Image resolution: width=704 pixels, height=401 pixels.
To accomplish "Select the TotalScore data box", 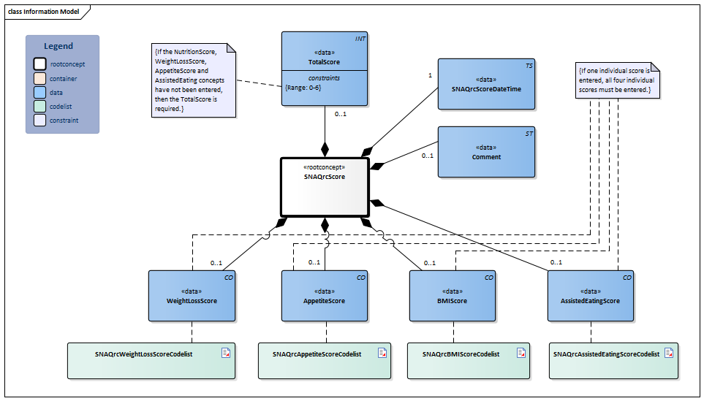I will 324,65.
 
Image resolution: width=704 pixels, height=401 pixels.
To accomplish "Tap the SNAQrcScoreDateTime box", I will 486,84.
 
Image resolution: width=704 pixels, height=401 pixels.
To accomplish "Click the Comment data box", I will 486,151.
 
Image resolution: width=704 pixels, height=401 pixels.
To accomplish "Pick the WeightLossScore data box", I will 192,296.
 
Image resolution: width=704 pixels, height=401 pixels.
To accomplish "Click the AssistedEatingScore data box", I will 591,296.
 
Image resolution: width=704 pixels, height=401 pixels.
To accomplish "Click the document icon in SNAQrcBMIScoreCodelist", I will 521,353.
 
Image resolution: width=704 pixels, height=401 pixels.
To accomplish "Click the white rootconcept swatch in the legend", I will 40,64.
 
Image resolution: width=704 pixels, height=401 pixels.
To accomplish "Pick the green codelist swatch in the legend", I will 40,107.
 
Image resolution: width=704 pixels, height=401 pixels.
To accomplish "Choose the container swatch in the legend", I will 40,78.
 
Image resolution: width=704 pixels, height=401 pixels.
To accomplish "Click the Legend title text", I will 58,46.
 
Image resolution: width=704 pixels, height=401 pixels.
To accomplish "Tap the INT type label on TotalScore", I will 360,38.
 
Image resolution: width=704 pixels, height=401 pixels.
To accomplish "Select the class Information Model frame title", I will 44,12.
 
